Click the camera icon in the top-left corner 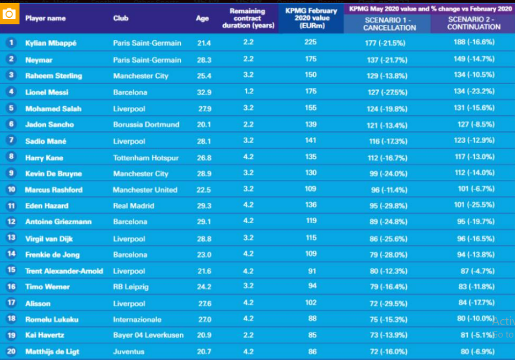point(9,13)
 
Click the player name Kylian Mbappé point(51,43)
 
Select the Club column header point(121,18)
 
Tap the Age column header point(202,18)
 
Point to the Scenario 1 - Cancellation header point(386,23)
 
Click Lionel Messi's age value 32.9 point(204,92)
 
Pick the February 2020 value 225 point(311,43)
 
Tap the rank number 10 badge point(11,190)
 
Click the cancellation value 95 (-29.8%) point(385,206)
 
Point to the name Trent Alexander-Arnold point(64,271)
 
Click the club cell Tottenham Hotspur point(146,158)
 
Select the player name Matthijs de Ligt point(52,352)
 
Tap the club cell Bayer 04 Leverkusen point(148,335)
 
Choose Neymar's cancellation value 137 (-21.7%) point(386,60)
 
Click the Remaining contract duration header point(247,18)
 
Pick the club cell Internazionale point(137,320)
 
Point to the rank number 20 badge point(11,352)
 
